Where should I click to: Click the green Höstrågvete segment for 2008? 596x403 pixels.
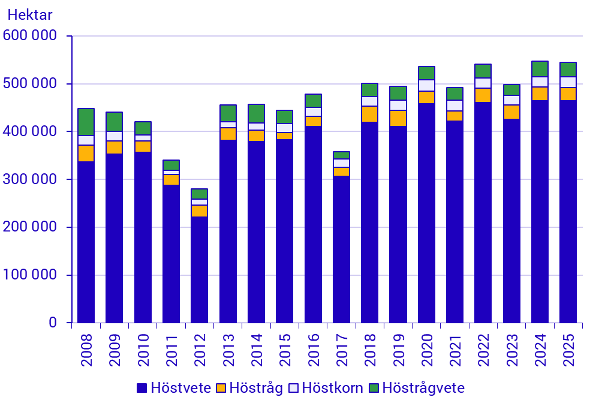(x=86, y=122)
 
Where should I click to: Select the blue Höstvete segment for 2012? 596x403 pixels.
(x=199, y=270)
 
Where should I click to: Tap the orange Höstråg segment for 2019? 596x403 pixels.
(x=398, y=118)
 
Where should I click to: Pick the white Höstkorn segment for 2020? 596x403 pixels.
(x=426, y=85)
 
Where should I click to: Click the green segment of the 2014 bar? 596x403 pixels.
(x=256, y=113)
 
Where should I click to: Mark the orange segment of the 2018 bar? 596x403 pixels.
(x=369, y=114)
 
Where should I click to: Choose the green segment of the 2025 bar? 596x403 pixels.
(x=568, y=69)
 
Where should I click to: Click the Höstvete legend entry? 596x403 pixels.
(x=174, y=388)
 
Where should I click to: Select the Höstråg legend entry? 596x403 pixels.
(x=249, y=388)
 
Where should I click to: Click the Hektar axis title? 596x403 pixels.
(x=29, y=14)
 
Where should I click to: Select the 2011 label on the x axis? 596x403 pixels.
(x=171, y=347)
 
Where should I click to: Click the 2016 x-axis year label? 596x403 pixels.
(x=313, y=347)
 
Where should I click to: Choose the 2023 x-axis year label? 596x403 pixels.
(x=511, y=347)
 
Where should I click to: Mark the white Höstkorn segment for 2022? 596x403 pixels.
(x=483, y=83)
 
